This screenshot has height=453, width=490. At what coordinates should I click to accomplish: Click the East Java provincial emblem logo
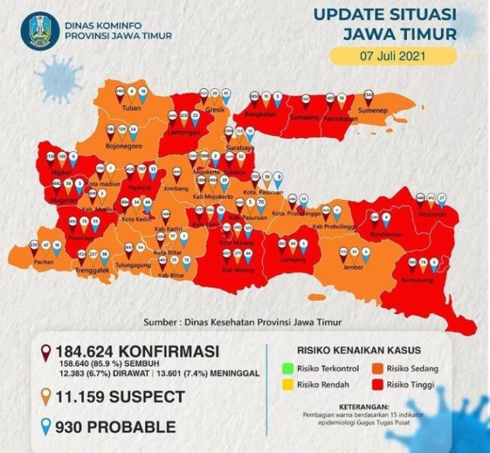tap(39, 31)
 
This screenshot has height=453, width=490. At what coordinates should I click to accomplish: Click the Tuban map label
tap(132, 109)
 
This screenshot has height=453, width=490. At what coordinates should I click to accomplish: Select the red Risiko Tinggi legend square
tap(374, 384)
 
